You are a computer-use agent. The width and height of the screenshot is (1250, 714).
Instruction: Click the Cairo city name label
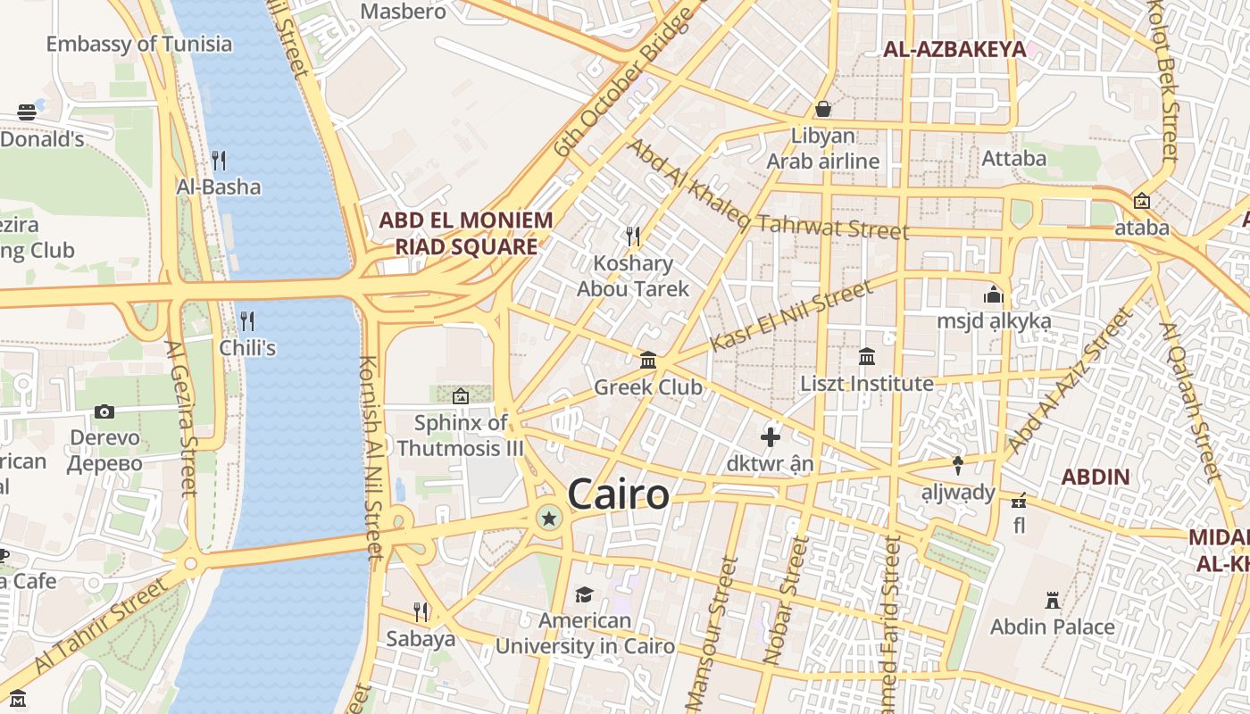[618, 494]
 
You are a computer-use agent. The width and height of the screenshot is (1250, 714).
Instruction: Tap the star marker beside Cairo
[548, 518]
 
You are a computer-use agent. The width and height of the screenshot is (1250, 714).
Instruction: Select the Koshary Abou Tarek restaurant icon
[633, 236]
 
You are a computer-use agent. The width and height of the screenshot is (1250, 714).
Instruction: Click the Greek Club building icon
[648, 361]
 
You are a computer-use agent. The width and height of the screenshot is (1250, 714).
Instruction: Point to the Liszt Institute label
[866, 384]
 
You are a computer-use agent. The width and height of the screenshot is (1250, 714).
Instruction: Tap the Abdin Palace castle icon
[1053, 601]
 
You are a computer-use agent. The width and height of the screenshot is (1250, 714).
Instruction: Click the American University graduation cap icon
[584, 594]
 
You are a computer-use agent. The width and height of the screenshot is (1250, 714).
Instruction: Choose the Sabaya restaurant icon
[420, 612]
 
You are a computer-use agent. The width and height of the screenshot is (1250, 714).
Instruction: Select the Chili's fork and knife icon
[247, 320]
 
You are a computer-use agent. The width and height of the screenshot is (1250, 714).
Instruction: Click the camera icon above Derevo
[104, 411]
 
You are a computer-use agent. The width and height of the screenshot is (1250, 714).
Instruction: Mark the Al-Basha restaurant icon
[218, 160]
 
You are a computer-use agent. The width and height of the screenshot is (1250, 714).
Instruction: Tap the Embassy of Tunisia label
[138, 44]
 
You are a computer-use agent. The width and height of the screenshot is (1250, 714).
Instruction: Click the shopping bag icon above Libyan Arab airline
[823, 109]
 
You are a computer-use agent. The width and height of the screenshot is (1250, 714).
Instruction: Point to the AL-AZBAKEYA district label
[954, 49]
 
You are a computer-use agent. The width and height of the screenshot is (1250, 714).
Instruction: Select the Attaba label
[1013, 158]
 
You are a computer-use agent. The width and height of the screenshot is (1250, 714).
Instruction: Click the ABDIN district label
[1096, 477]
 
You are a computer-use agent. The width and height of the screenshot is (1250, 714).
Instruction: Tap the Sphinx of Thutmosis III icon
[461, 396]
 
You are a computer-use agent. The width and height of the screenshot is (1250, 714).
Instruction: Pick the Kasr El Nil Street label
[791, 315]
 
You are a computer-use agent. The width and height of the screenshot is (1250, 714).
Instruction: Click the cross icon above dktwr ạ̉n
[770, 437]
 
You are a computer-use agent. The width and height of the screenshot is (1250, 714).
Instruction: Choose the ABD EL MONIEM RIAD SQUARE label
[465, 233]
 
